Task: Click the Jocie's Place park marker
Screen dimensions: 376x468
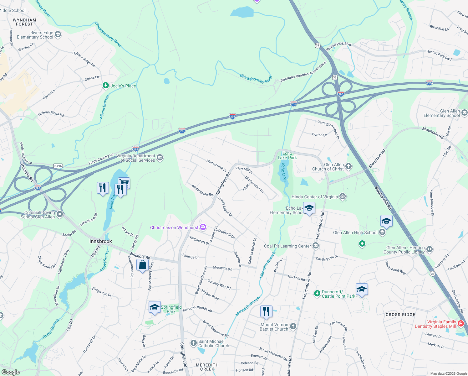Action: pos(106,86)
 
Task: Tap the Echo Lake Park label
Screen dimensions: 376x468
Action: pos(287,155)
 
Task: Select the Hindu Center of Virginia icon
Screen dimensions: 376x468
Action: pos(343,197)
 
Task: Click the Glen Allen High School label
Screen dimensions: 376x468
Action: pos(355,232)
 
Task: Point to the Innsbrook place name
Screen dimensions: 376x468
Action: pos(100,241)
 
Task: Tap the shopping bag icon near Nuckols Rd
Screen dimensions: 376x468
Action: pos(142,265)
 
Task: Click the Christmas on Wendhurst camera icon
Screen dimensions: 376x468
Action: pos(203,227)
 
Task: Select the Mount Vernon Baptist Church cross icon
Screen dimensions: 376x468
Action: pos(293,326)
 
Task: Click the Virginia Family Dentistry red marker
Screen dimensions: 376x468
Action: pos(460,323)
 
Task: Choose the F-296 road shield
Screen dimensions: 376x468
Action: pos(58,166)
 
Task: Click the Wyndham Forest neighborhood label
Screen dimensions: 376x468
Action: pos(24,22)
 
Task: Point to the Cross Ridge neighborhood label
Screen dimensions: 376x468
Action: pos(400,315)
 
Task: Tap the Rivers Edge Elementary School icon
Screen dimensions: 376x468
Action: pos(58,34)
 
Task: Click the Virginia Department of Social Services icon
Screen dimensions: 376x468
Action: pos(160,158)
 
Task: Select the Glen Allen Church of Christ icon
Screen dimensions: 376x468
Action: pos(348,166)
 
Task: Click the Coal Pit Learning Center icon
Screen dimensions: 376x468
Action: pos(316,246)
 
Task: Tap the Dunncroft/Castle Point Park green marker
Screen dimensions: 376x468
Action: pos(317,293)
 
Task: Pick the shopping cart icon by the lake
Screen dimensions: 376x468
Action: pos(124,182)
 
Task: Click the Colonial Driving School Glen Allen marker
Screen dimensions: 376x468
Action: pos(60,214)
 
